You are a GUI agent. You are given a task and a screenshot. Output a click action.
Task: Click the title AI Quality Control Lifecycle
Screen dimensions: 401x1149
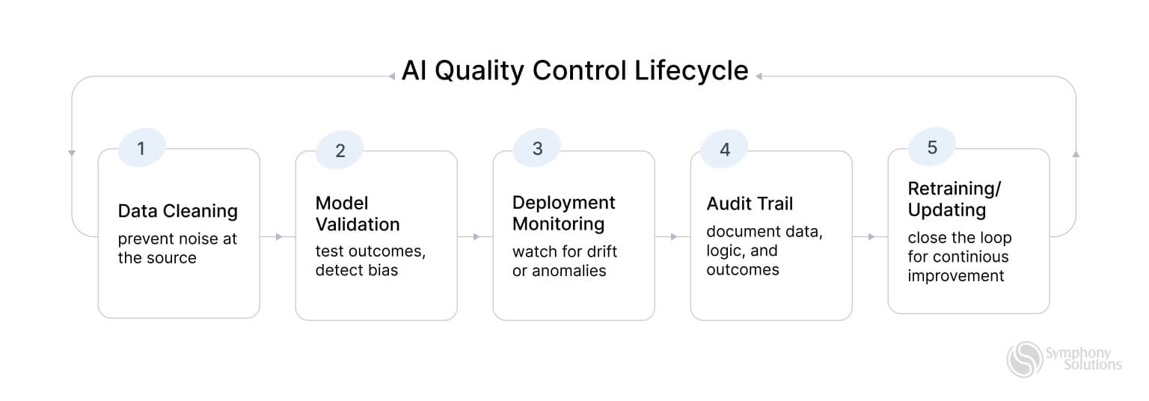point(574,70)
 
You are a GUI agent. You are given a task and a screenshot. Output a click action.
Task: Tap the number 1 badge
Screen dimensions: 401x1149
point(141,149)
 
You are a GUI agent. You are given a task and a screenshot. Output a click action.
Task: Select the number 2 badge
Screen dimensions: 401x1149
point(340,150)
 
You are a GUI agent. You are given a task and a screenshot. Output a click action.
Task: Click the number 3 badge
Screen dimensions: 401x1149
point(537,148)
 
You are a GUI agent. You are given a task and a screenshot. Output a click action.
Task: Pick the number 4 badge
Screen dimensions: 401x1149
point(724,150)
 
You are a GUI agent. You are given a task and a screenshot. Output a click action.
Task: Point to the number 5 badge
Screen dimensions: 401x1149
point(932,147)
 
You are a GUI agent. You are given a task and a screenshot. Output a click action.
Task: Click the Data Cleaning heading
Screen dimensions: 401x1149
point(177,211)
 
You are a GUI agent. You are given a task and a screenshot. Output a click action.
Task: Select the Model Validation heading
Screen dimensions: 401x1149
point(358,214)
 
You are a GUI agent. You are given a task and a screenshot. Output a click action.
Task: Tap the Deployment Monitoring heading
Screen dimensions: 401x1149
point(563,213)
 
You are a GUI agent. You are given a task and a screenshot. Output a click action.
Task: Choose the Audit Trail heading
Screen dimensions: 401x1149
point(750,203)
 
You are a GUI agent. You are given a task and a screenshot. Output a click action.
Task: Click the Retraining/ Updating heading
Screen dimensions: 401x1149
point(954,199)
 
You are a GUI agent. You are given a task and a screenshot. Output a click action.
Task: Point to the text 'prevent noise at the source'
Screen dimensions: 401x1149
point(177,248)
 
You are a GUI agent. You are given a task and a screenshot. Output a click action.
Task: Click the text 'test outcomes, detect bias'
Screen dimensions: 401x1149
point(370,260)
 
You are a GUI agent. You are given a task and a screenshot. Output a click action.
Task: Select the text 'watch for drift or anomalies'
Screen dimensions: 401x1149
point(564,261)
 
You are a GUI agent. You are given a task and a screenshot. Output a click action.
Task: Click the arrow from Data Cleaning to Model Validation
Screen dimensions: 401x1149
point(279,237)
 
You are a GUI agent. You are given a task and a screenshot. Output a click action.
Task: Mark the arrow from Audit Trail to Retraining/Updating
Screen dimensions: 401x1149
point(871,237)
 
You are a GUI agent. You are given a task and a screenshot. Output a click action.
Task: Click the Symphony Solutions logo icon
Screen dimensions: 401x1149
point(1024,360)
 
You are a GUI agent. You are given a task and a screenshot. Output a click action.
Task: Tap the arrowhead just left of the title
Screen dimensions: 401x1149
point(391,76)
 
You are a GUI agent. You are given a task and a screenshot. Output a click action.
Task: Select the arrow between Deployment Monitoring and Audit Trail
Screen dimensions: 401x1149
point(674,237)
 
